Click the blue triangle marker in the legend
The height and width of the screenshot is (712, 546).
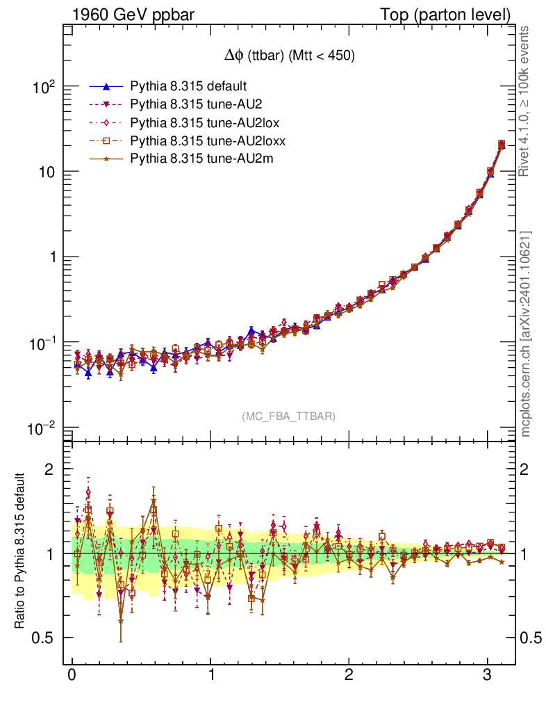(106, 87)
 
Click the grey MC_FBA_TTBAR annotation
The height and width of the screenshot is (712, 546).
(289, 416)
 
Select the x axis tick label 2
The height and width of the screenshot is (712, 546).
(349, 676)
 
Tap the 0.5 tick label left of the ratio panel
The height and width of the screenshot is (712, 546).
(43, 638)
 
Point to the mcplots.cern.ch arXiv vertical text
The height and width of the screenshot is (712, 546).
(526, 334)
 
